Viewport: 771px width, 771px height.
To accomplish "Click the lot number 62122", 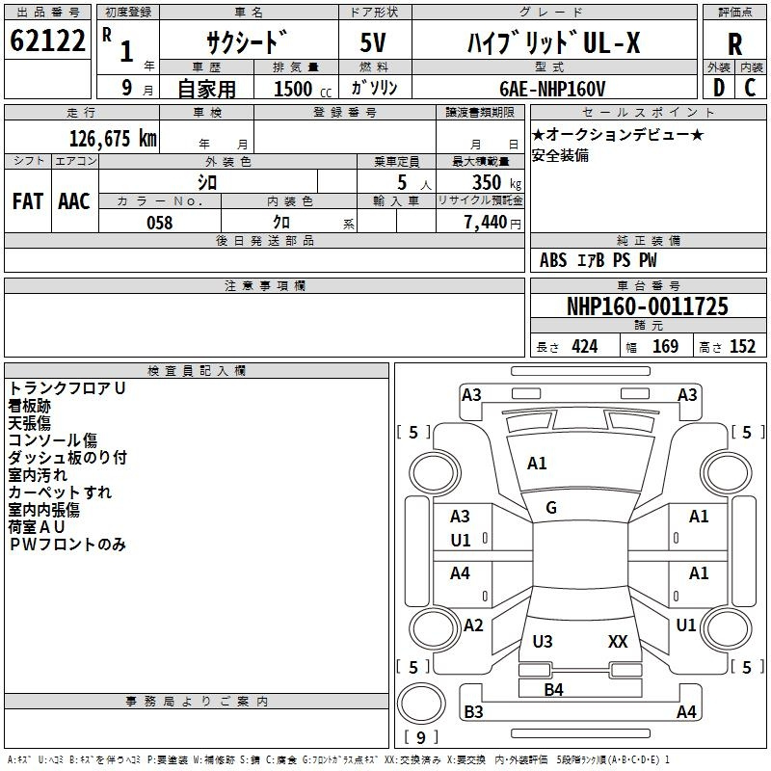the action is (47, 40).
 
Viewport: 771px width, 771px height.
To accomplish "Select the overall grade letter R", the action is (734, 43).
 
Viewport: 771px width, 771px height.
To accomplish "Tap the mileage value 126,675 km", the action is (113, 138).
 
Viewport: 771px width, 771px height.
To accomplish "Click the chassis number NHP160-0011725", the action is (648, 306).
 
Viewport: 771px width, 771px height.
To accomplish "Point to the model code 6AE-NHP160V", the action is (552, 89).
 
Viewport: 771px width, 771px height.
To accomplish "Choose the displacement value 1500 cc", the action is (303, 89).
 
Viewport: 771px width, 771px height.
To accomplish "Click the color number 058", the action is (160, 223).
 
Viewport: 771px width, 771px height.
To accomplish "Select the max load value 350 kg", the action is (496, 182).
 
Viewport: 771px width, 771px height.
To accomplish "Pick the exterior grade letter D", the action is (719, 88).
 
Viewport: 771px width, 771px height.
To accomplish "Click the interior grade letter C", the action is (750, 88).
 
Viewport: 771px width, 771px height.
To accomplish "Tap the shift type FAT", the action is (28, 201).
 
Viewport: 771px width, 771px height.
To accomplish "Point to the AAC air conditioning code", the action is (74, 201).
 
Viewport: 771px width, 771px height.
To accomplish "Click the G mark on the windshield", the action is (551, 508).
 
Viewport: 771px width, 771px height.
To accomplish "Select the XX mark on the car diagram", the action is (618, 641).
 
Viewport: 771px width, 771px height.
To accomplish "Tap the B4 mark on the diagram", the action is (553, 690).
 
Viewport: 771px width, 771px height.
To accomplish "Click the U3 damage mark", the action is (543, 641).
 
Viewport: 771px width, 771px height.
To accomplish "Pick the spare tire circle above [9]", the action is (421, 704).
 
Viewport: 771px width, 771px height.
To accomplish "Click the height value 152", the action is (742, 347).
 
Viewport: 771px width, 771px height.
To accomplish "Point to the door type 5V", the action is (373, 42).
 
